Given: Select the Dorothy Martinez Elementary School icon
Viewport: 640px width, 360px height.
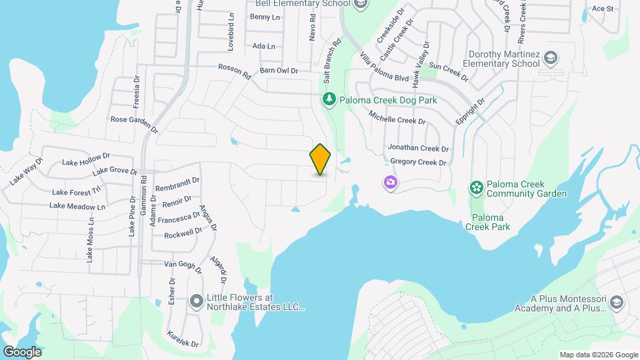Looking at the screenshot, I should click(x=551, y=59).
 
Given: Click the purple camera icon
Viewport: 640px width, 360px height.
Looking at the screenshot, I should click(x=390, y=182).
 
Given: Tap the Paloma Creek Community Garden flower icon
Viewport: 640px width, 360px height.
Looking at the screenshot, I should click(x=476, y=189).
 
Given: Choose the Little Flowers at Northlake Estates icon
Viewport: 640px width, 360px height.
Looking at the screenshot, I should click(x=196, y=302).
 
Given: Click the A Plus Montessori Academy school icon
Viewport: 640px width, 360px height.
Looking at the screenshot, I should click(x=617, y=303).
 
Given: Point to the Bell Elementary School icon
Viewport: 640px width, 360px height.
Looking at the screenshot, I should click(x=361, y=4).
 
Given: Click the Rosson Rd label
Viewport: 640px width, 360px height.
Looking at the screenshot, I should click(x=235, y=70).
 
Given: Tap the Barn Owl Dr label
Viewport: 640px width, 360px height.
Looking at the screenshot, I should click(x=278, y=70).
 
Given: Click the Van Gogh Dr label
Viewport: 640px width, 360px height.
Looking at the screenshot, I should click(x=183, y=265).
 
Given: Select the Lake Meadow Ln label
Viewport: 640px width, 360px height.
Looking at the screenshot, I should click(x=77, y=207).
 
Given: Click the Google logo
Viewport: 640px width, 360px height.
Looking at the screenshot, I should click(x=22, y=351).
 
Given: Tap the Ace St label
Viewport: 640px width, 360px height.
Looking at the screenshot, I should click(x=602, y=9).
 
